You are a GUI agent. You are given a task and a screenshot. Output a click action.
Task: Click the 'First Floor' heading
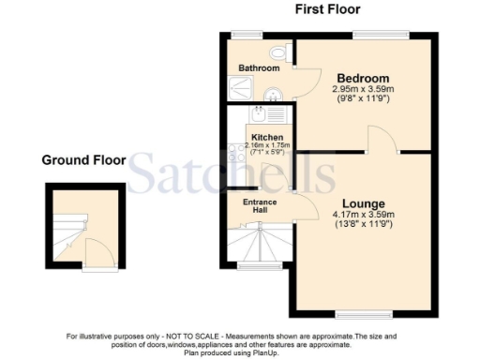pos(327,9)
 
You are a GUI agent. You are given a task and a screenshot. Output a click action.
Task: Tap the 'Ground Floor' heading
pos(83,160)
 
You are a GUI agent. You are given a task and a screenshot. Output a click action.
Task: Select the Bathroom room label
pos(259,68)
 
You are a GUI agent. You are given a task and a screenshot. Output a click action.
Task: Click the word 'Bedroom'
pos(364,77)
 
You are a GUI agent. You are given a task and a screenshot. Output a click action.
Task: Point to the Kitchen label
pos(267,137)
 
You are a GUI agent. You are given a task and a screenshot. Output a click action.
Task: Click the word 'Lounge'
pos(363,202)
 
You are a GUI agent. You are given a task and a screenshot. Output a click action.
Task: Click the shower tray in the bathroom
pos(239,88)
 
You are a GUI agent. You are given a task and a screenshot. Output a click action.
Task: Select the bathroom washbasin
pos(272,93)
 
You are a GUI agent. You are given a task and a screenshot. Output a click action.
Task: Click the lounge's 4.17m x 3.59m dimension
pos(363,215)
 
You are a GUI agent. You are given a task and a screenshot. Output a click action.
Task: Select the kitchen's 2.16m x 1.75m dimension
pos(267,146)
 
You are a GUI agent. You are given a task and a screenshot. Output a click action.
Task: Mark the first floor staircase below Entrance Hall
pos(262,246)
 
